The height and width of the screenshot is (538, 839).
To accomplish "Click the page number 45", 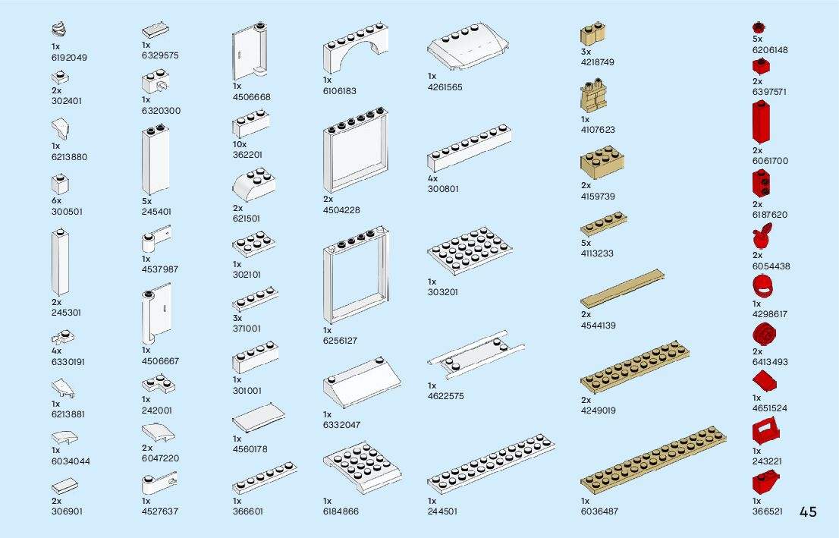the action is point(808,511).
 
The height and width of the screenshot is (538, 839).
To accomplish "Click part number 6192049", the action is point(69,57).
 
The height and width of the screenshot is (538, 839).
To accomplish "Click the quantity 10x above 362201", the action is point(240,144).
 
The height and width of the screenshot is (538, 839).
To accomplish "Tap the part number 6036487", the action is point(599,511).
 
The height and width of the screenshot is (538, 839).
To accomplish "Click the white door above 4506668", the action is point(250,53).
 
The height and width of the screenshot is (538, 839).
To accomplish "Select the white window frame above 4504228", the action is point(356,155).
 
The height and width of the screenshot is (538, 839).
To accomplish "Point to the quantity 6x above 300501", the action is point(56,201).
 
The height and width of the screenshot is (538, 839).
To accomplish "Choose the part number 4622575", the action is point(446,396).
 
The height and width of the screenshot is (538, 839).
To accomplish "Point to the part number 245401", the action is point(156,212).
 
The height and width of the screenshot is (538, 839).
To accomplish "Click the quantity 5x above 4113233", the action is point(586,243).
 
